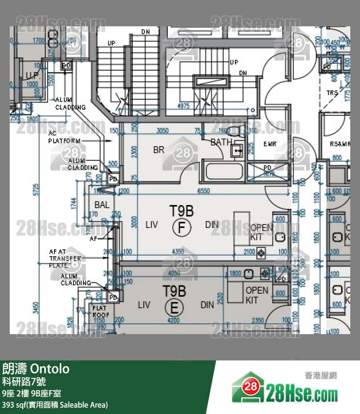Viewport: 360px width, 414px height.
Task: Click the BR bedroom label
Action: [159, 150]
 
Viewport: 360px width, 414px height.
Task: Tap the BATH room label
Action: [221, 143]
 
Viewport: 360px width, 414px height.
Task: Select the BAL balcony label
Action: [102, 205]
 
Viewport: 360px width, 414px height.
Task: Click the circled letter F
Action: [181, 227]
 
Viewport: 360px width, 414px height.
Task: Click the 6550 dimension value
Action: [203, 191]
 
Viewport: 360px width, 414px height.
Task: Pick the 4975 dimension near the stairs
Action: [183, 106]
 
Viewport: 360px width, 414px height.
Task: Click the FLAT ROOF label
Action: [100, 311]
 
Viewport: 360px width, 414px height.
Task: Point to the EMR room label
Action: [270, 144]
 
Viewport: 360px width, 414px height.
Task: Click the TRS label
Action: [332, 93]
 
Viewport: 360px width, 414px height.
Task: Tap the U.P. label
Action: [33, 76]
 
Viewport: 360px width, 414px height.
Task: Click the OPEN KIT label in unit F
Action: [262, 232]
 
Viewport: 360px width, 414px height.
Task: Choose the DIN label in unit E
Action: [207, 305]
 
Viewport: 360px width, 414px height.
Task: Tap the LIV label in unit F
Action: [152, 225]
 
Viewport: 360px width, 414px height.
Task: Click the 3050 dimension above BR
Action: [162, 131]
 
